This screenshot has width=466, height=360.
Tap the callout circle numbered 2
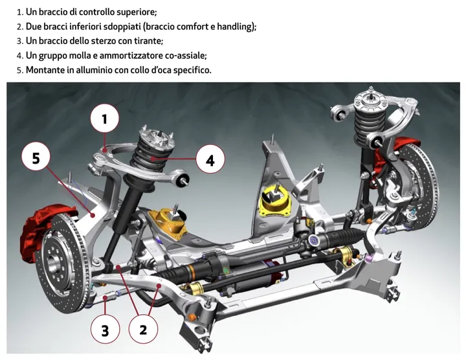tap(144, 330)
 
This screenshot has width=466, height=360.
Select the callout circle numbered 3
tap(105, 331)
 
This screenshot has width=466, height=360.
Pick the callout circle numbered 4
tap(210, 159)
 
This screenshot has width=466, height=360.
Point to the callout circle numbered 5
tap(36, 158)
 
